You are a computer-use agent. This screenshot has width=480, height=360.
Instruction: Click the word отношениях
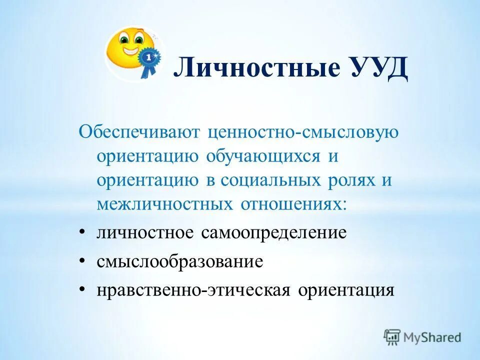click(292, 203)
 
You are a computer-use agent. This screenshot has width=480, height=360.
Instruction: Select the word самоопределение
click(274, 232)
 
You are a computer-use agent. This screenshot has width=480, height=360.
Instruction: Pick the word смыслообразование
click(180, 261)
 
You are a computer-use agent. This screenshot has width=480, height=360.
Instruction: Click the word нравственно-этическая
click(193, 290)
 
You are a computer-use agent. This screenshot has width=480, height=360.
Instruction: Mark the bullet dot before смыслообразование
click(82, 262)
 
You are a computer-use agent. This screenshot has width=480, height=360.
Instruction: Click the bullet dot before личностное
click(82, 233)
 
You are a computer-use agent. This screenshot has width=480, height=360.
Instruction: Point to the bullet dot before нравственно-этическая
click(82, 290)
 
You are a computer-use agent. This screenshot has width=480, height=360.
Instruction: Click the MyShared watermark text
click(433, 337)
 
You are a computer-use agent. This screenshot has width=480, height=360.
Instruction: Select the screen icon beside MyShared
click(392, 337)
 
